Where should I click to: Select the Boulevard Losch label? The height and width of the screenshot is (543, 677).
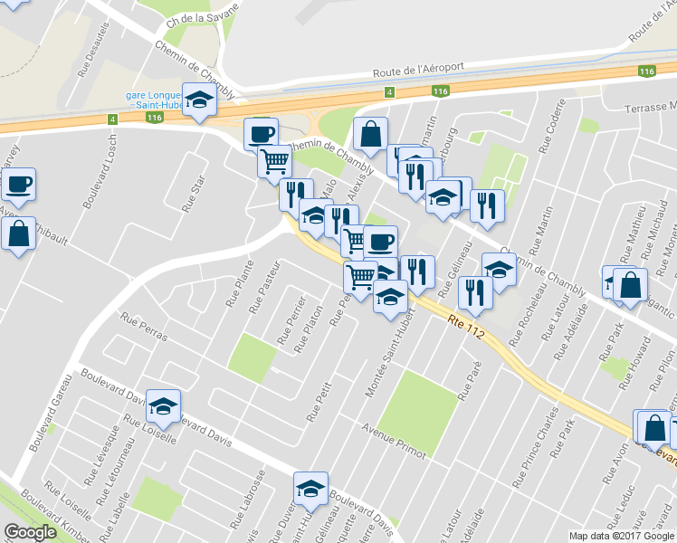pyautogui.click(x=100, y=178)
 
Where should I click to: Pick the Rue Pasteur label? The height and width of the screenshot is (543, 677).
pyautogui.click(x=260, y=286)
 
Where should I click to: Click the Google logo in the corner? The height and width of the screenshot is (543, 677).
pyautogui.click(x=30, y=533)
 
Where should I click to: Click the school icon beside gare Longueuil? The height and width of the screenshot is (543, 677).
pyautogui.click(x=199, y=100)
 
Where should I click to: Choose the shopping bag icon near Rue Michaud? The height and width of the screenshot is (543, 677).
pyautogui.click(x=631, y=284)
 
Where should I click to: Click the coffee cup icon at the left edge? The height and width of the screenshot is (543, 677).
pyautogui.click(x=18, y=185)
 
